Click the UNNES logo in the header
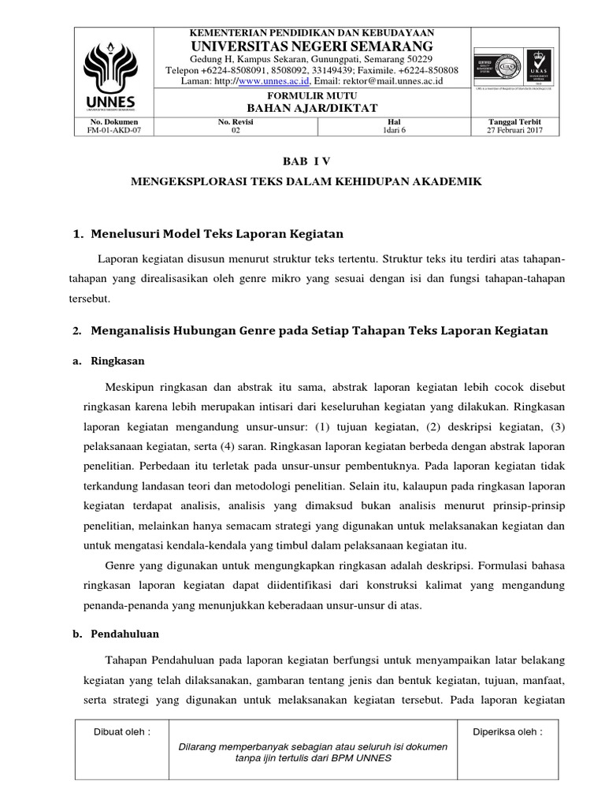coord(113,71)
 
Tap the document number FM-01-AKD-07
coord(113,132)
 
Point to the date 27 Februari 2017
coord(514,132)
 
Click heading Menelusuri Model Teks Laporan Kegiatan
coord(217,234)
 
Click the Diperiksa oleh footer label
coord(507,731)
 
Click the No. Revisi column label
coord(235,123)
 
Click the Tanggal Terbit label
coord(514,123)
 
